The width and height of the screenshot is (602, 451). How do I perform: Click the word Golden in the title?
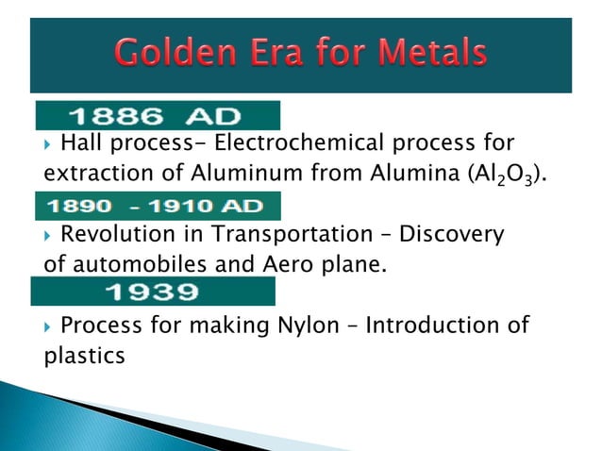click(178, 52)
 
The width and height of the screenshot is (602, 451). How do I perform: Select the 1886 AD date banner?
click(158, 116)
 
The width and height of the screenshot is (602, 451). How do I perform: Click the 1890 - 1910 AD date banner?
click(158, 206)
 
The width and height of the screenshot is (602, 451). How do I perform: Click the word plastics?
click(84, 358)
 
